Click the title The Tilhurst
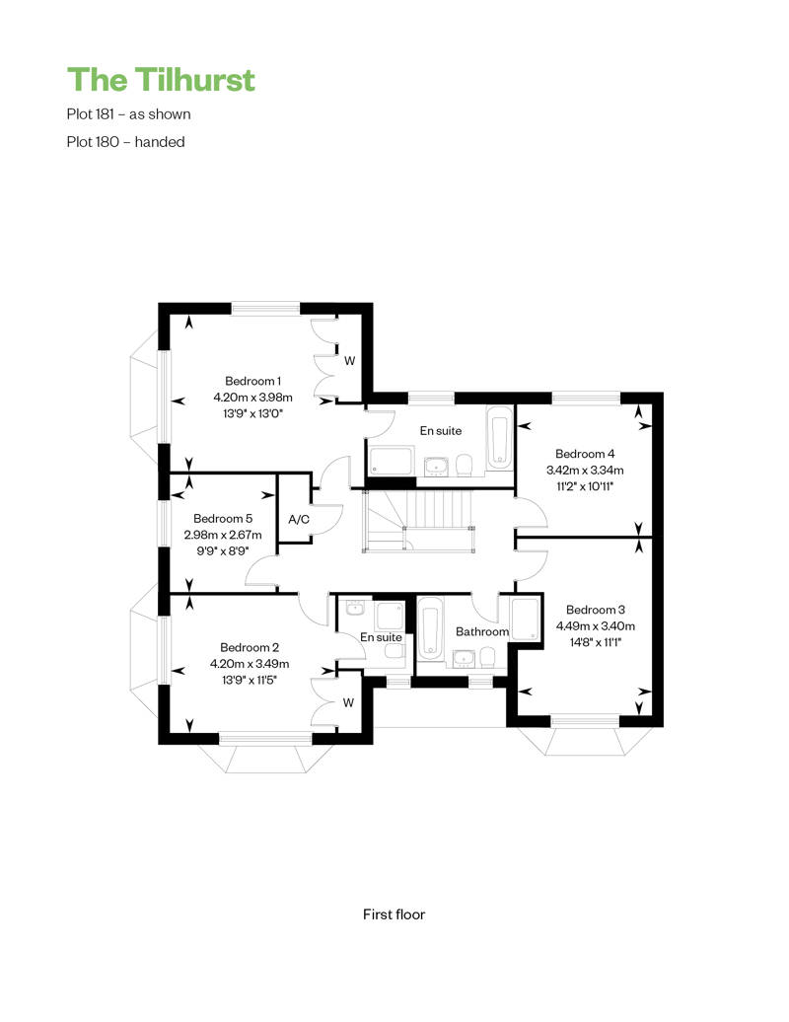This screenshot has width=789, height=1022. point(161,80)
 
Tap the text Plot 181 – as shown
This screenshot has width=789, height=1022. point(128,114)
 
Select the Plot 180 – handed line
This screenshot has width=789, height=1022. point(125,142)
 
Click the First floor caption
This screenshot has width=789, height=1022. point(394,914)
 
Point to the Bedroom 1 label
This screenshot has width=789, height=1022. point(252,381)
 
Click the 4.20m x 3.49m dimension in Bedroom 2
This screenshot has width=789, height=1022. point(250,664)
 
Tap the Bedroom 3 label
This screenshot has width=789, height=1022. point(596,610)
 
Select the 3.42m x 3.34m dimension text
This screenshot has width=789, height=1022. point(585,470)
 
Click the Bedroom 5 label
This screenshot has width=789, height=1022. point(223,518)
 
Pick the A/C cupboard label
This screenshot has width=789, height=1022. point(299,520)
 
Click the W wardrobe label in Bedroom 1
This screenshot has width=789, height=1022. point(350,360)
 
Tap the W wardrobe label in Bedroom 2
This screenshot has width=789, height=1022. point(348,702)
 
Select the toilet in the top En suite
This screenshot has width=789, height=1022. point(464,466)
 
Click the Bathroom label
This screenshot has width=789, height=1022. point(482,631)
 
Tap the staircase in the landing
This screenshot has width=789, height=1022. point(418,521)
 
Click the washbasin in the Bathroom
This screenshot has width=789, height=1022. point(464,659)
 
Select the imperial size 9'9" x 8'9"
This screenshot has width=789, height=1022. point(223,550)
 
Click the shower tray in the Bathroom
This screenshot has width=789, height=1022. point(526,620)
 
